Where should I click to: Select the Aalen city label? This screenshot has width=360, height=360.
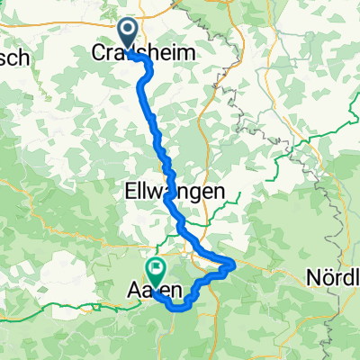click(x=158, y=292)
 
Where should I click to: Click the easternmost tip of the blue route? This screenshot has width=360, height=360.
click(x=235, y=263)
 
